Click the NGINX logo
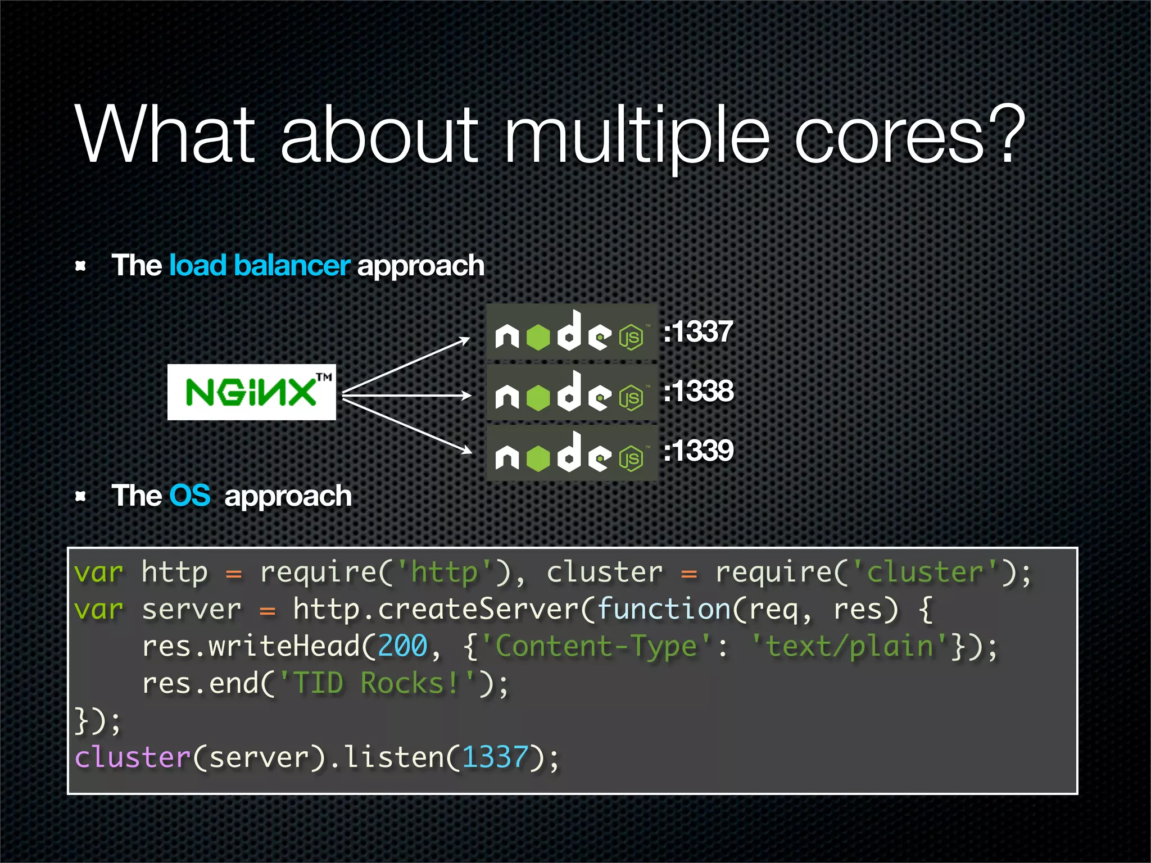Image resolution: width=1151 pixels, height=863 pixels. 251,392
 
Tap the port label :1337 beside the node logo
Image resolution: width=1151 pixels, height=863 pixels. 698,331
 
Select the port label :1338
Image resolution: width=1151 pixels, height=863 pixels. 699,391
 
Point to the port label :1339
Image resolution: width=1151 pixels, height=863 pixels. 699,451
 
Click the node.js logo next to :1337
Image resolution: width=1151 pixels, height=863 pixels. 571,332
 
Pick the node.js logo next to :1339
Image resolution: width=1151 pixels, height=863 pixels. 571,453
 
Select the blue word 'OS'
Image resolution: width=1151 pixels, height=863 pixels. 190,496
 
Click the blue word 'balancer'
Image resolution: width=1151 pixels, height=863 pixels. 292,265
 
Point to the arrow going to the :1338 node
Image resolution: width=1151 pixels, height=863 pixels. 407,396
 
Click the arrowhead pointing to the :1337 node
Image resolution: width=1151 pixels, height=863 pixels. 465,339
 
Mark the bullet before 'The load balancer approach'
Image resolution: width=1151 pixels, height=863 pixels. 81,266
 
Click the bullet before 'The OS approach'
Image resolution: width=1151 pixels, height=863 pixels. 81,496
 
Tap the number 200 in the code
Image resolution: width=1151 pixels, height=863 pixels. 402,646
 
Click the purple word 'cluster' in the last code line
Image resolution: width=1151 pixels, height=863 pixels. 133,757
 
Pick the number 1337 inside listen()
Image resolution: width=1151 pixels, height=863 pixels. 495,757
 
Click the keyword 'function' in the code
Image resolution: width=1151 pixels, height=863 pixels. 664,609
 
